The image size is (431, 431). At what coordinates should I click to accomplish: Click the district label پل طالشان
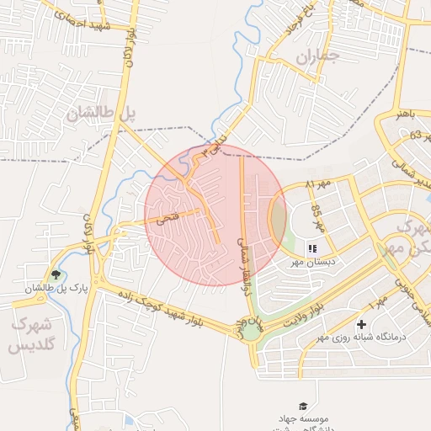(x=102, y=113)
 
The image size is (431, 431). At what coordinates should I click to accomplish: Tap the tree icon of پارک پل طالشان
(x=56, y=274)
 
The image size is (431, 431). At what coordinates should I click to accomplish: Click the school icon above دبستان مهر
(x=311, y=248)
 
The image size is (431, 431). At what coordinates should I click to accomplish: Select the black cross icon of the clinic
(x=362, y=323)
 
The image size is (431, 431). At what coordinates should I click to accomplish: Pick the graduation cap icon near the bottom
(x=302, y=406)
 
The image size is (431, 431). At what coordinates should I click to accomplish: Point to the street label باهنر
(x=406, y=114)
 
